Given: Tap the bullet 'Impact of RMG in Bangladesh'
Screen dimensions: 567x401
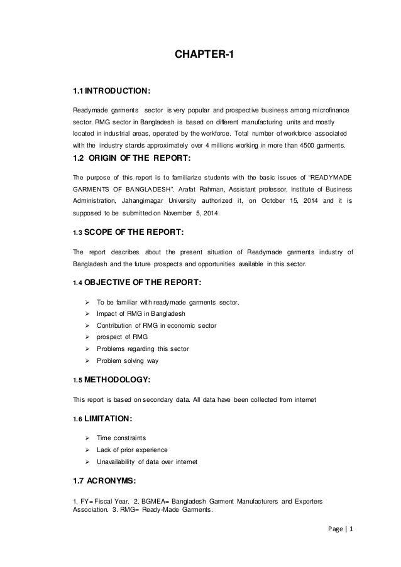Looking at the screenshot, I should pyautogui.click(x=141, y=313).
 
